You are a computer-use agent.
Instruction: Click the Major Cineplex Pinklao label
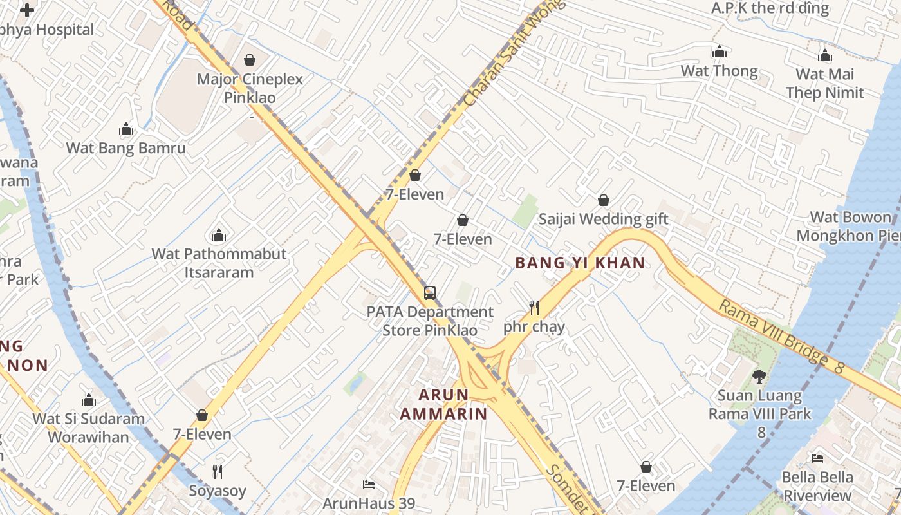click(x=250, y=88)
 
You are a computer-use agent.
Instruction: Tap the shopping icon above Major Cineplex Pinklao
click(x=250, y=60)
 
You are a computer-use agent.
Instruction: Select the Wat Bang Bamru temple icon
click(x=126, y=129)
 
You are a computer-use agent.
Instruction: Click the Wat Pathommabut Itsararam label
click(x=219, y=263)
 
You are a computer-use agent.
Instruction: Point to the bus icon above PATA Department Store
click(x=430, y=293)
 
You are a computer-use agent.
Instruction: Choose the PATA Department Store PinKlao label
click(x=430, y=321)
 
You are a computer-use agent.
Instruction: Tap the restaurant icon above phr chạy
click(x=534, y=307)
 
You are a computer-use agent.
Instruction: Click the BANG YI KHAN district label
click(x=580, y=263)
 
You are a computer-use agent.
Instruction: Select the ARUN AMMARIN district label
click(x=443, y=404)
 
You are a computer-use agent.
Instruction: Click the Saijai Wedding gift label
click(x=603, y=219)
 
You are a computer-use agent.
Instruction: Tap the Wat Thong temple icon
click(x=719, y=51)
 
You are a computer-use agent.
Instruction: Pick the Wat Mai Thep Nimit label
click(x=824, y=83)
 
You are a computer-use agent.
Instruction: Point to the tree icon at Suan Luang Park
click(x=759, y=376)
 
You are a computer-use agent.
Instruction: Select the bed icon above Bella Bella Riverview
click(x=817, y=458)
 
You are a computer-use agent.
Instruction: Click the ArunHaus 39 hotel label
click(x=369, y=503)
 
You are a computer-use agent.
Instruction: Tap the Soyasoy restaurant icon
click(x=218, y=471)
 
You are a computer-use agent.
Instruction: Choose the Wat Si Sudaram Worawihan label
click(x=89, y=427)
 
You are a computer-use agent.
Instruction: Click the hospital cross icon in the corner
click(x=27, y=10)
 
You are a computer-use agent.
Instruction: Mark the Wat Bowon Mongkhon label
click(x=850, y=226)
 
